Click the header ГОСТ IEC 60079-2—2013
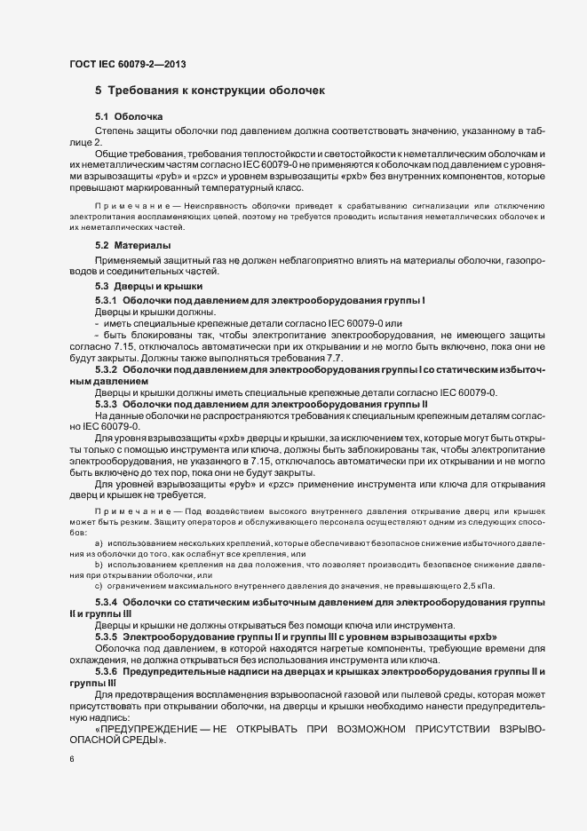tap(127, 64)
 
